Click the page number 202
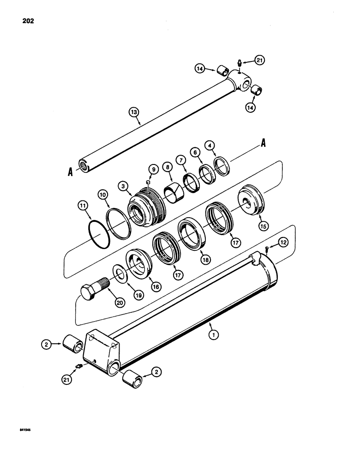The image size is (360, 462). tap(28, 21)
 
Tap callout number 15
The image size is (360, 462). tap(264, 226)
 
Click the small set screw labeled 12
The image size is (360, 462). tap(268, 250)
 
